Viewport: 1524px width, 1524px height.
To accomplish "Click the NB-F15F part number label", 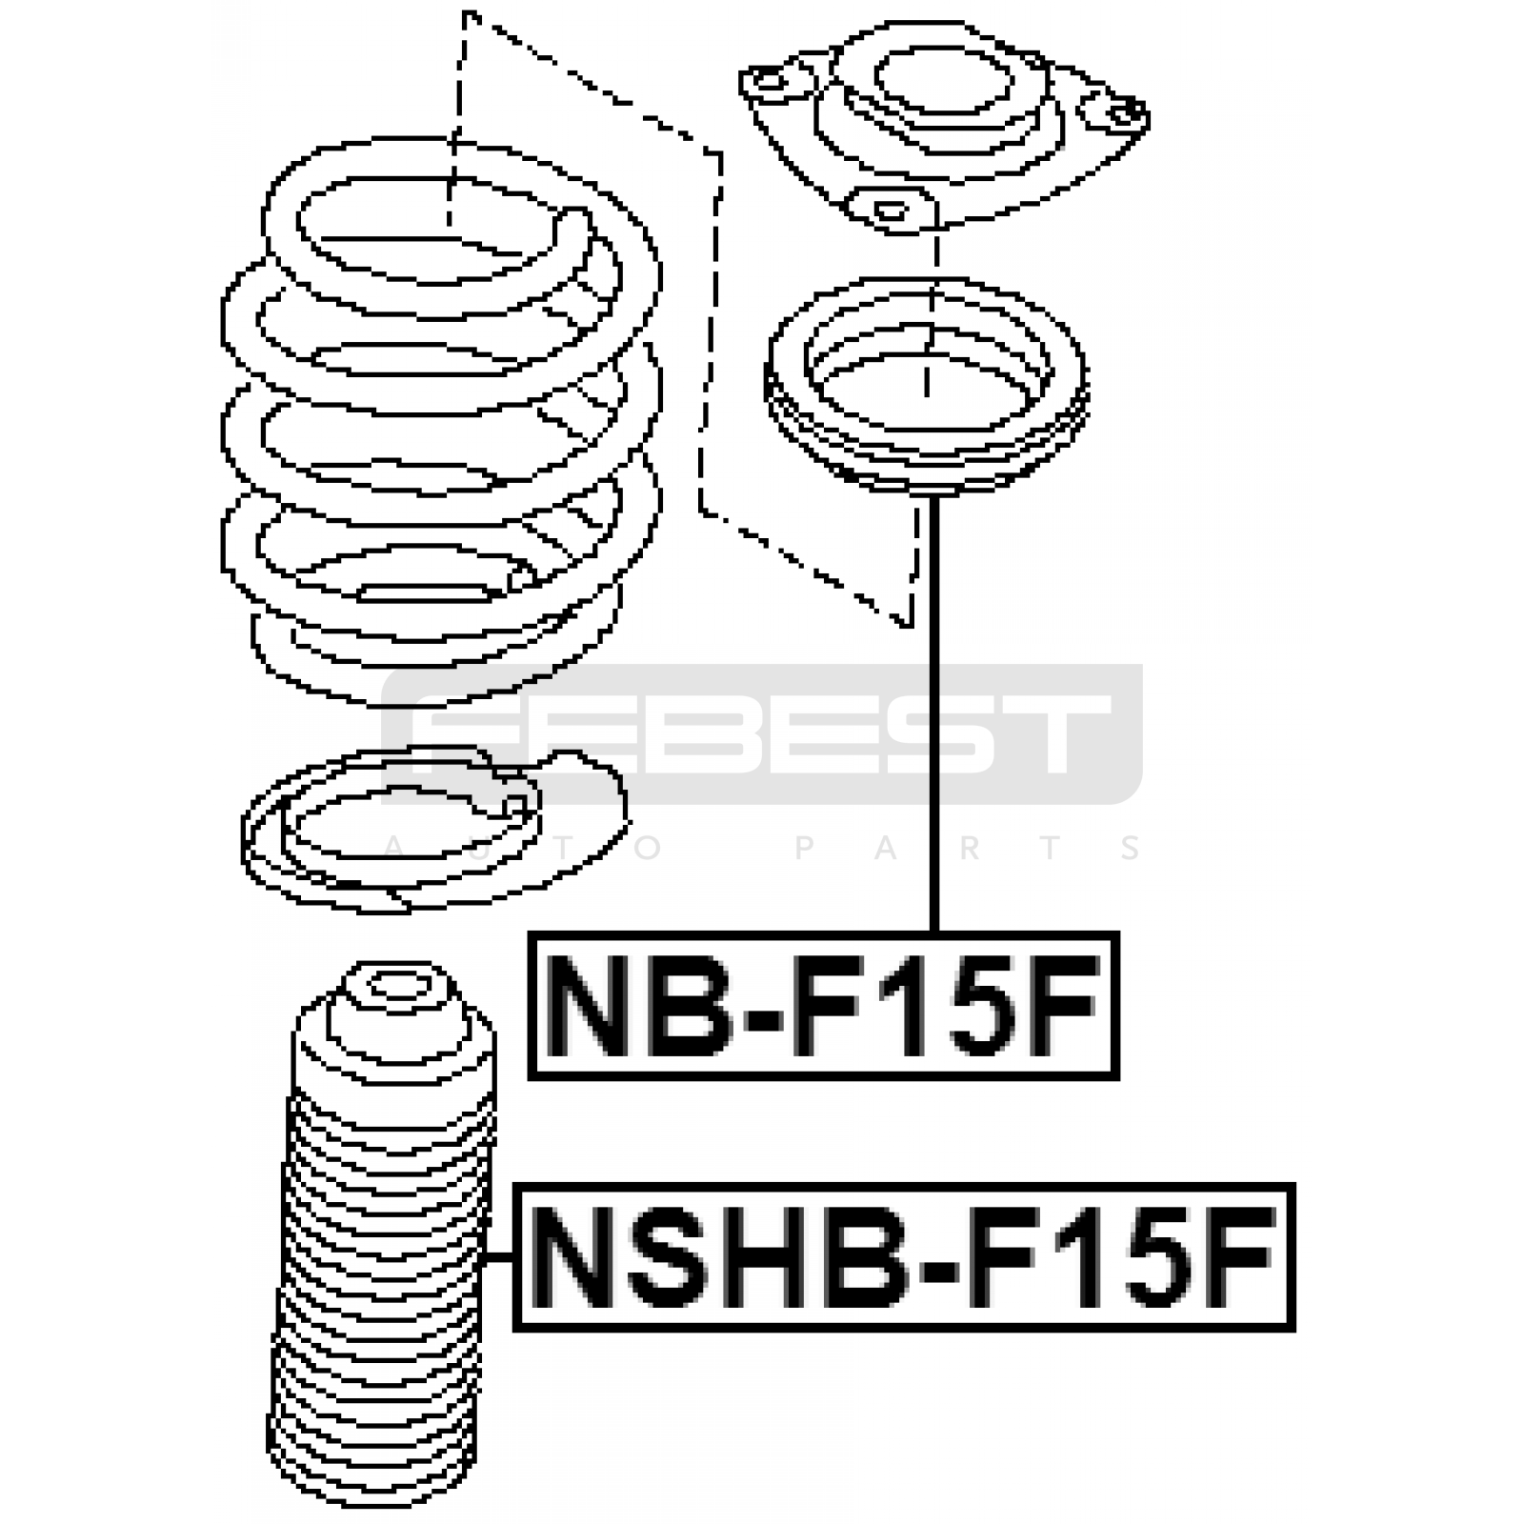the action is click(x=824, y=1006).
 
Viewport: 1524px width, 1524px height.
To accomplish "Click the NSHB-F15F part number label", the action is click(x=905, y=1257).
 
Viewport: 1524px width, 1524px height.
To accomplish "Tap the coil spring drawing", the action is click(x=440, y=419).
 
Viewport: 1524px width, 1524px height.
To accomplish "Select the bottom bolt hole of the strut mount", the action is click(x=891, y=209).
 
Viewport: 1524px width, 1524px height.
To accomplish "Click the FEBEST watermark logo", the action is click(x=762, y=733).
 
